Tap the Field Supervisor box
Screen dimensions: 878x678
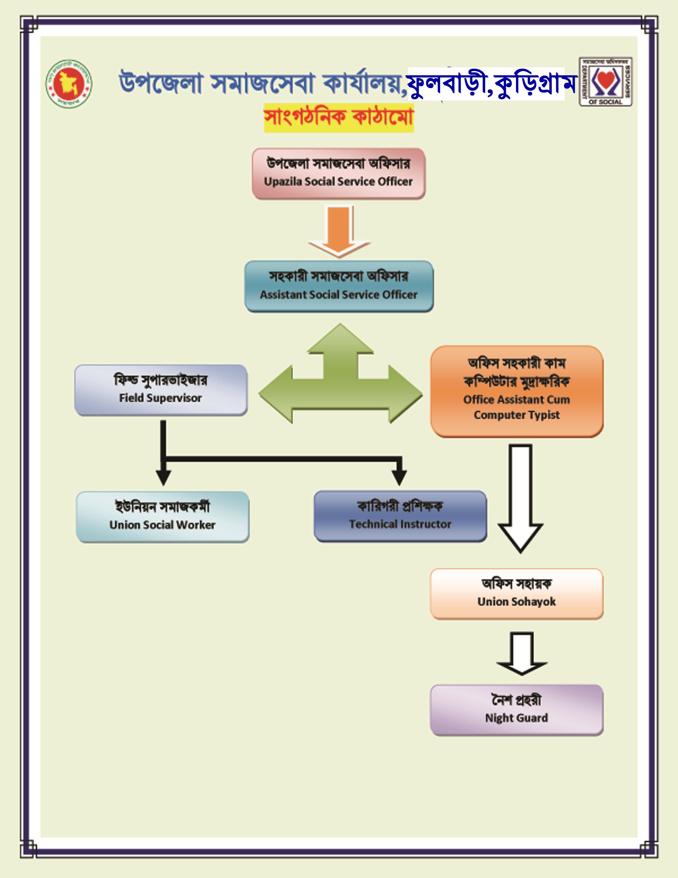click(x=161, y=390)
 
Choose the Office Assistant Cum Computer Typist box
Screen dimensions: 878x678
click(x=517, y=391)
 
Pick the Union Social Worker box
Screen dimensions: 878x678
click(x=162, y=517)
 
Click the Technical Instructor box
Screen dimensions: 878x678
click(x=400, y=516)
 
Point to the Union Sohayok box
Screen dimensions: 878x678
click(x=517, y=594)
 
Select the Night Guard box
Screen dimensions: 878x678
click(x=517, y=710)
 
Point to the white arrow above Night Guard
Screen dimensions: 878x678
click(x=522, y=653)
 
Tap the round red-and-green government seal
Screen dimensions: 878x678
click(x=69, y=84)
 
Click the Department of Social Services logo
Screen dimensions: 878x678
click(x=605, y=82)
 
